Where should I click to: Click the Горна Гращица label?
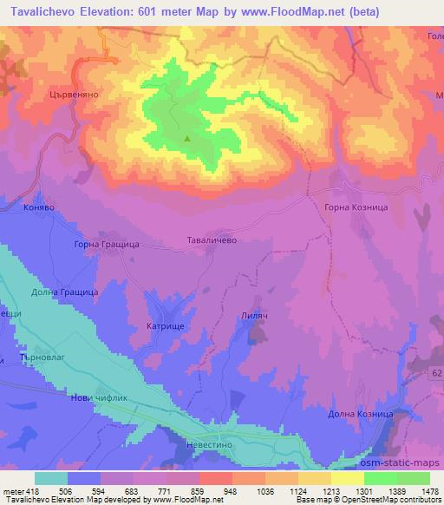(x=106, y=246)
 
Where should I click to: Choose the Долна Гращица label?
(x=64, y=293)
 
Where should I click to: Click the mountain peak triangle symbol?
(x=186, y=137)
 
